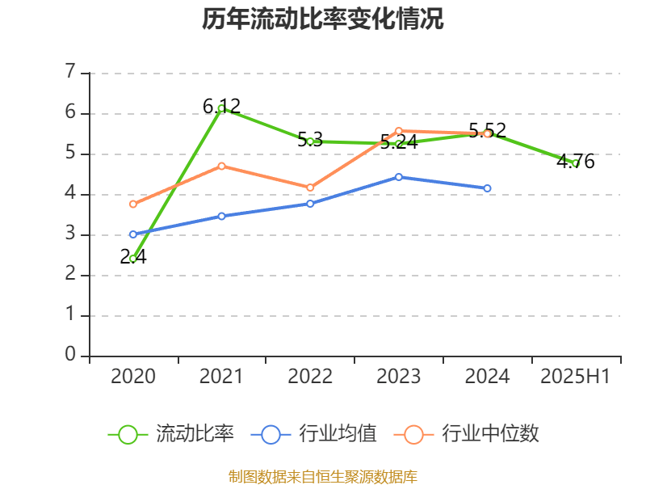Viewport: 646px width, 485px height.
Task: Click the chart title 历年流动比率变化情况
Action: coord(323,19)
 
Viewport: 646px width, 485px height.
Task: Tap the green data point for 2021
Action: coord(221,108)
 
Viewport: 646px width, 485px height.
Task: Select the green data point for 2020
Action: coord(133,259)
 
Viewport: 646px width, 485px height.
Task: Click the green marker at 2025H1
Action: coord(576,163)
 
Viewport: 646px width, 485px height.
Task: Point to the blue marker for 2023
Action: coord(399,176)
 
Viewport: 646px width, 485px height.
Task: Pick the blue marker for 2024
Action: coord(487,188)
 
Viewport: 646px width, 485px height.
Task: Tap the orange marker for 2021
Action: coord(221,166)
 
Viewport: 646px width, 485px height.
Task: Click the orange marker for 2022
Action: coord(310,188)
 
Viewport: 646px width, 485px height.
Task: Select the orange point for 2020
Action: coord(133,204)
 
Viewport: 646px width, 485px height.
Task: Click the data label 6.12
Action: coord(221,106)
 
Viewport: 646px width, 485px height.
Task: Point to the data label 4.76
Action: coord(576,162)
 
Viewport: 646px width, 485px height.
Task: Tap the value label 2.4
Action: coord(133,257)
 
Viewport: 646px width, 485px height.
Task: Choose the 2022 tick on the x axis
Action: coord(310,376)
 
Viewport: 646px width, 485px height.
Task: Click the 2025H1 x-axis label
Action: coord(575,376)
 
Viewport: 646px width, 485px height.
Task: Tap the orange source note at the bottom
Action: coord(323,476)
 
